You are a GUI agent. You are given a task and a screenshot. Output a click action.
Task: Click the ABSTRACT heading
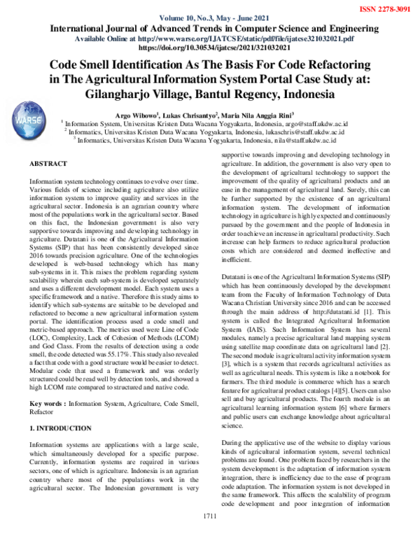pyautogui.click(x=49, y=163)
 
